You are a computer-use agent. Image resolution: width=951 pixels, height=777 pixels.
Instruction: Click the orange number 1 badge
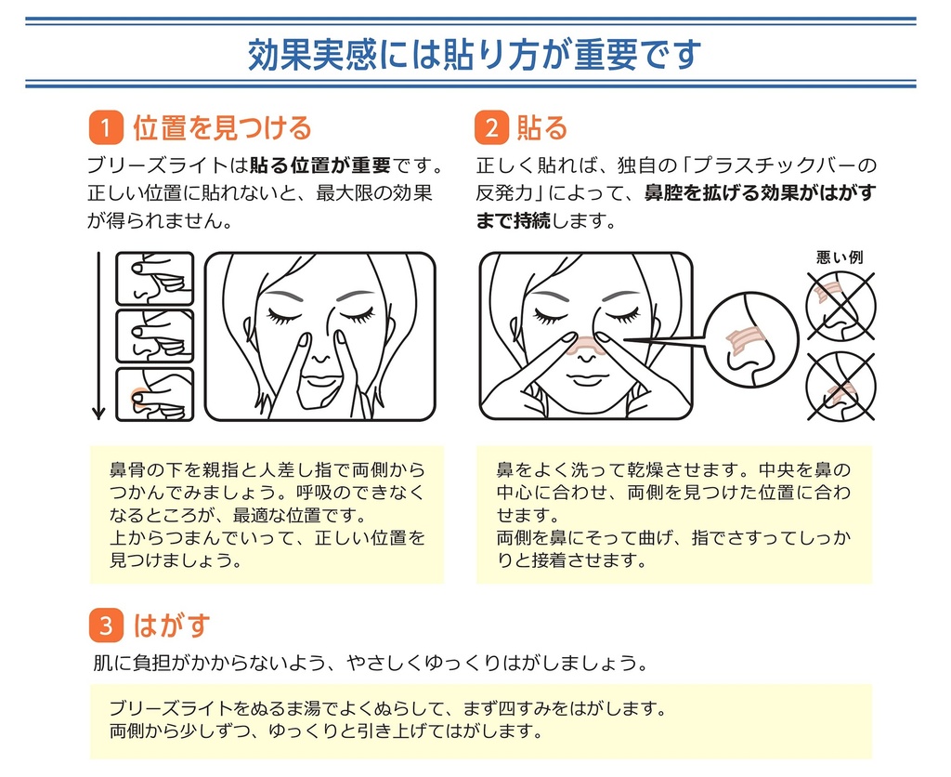click(x=106, y=127)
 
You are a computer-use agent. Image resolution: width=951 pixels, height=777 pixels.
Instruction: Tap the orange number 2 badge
click(x=491, y=127)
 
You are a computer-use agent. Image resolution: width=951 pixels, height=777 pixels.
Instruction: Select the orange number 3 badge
click(x=106, y=626)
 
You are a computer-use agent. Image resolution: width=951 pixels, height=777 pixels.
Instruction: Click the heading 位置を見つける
click(x=222, y=127)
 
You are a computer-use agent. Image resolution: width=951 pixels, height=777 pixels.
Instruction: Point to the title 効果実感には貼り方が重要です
click(x=475, y=54)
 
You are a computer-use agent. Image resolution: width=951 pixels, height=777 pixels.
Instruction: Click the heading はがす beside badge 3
click(x=172, y=626)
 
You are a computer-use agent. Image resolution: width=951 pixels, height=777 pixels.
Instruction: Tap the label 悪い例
click(x=840, y=257)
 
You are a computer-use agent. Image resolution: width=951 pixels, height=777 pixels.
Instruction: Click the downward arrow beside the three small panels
click(x=98, y=336)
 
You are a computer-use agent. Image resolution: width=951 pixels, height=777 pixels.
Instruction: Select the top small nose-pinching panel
click(x=155, y=279)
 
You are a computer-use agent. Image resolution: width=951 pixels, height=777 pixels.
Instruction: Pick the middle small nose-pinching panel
click(x=155, y=336)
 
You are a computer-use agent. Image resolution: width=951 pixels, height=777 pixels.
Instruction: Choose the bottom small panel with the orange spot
click(x=155, y=394)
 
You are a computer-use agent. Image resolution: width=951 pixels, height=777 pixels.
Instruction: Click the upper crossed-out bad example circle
click(x=840, y=306)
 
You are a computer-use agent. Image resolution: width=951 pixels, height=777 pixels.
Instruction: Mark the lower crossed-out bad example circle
click(x=840, y=386)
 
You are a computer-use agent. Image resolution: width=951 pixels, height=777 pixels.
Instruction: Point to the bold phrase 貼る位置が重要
click(x=320, y=165)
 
